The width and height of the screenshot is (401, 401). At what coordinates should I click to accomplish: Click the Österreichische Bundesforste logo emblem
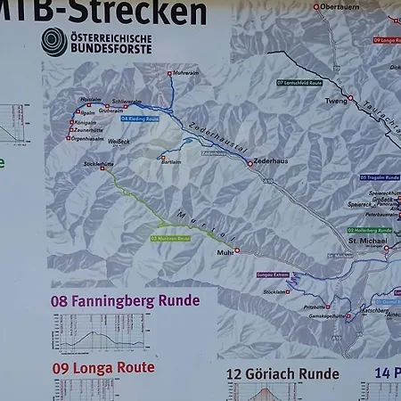click(53, 41)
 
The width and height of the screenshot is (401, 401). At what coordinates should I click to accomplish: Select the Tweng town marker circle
click(350, 98)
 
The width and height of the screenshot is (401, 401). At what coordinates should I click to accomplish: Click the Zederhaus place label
click(270, 163)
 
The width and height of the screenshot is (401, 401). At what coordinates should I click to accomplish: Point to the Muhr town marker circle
click(237, 250)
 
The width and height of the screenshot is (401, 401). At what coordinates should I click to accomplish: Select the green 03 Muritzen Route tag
click(170, 239)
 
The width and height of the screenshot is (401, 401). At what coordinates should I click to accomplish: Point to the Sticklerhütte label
click(98, 164)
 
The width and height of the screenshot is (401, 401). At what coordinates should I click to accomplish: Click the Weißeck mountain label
click(119, 140)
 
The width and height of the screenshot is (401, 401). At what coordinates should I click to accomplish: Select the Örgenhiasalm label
click(93, 138)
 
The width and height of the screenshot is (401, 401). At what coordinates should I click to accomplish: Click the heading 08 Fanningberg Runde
click(126, 301)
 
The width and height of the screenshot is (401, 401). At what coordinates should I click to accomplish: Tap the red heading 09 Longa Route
click(103, 367)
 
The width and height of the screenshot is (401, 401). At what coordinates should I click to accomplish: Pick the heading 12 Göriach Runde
click(282, 374)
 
